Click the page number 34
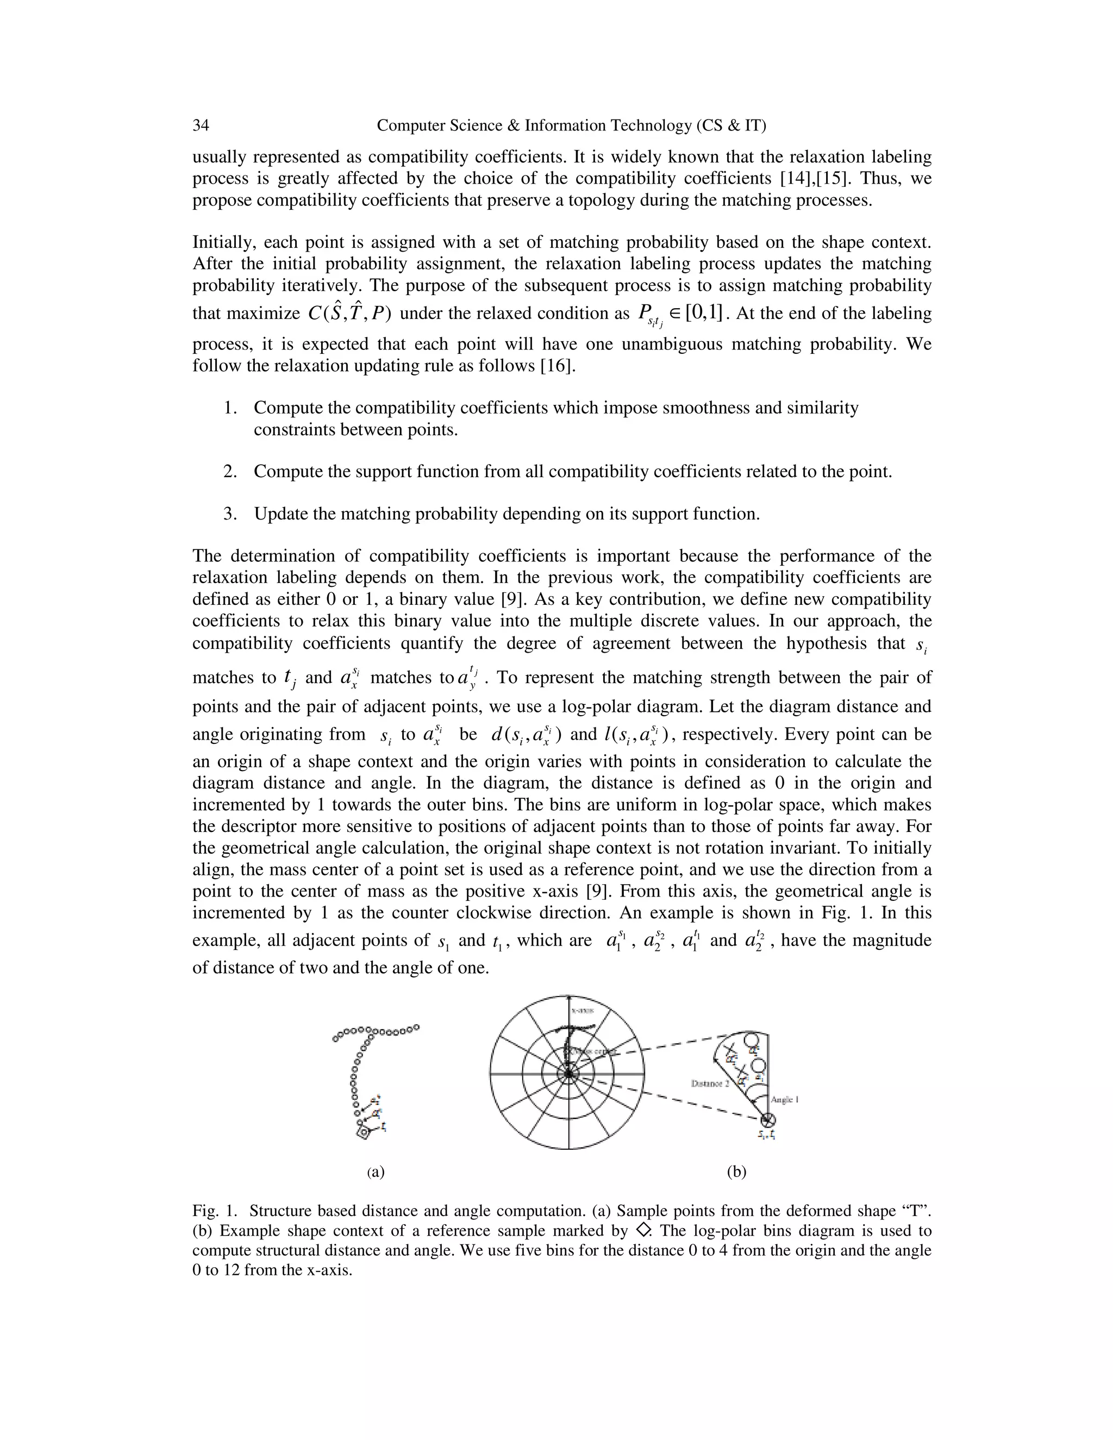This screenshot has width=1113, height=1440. (x=201, y=126)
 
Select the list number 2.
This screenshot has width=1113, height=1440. (x=230, y=472)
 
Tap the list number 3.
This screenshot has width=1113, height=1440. (x=230, y=514)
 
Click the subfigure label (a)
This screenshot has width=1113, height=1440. (x=376, y=1172)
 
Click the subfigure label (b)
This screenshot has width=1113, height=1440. (x=736, y=1172)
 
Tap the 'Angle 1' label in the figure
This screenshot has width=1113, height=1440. (x=785, y=1099)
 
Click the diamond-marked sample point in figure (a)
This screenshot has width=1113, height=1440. (x=362, y=1133)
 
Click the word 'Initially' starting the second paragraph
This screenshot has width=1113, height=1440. (x=222, y=243)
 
